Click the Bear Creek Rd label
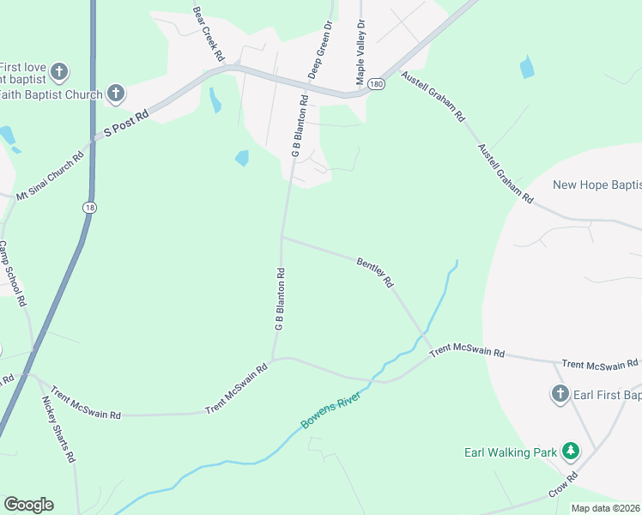[208, 34]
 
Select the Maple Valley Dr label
[361, 52]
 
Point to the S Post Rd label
[126, 123]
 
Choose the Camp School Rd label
[12, 273]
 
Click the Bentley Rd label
[375, 270]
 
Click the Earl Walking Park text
[511, 451]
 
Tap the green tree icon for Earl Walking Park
[570, 451]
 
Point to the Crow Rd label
[562, 486]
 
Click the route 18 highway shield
[89, 208]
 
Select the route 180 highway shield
[376, 84]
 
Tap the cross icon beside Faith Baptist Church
[115, 94]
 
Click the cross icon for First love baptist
[59, 71]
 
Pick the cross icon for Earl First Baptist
[560, 394]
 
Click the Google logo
[28, 505]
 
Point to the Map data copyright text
[606, 508]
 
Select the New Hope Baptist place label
[597, 185]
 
